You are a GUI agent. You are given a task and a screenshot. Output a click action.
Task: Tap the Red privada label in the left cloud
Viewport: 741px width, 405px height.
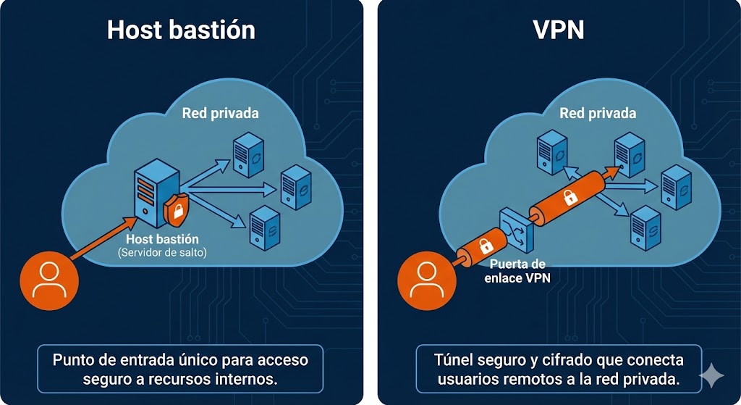(220, 113)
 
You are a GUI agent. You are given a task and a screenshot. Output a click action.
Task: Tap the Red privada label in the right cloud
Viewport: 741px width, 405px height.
(598, 113)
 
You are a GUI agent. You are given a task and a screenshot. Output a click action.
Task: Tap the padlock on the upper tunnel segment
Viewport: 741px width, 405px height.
(569, 196)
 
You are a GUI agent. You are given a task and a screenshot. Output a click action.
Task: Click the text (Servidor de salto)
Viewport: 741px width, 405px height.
(162, 251)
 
